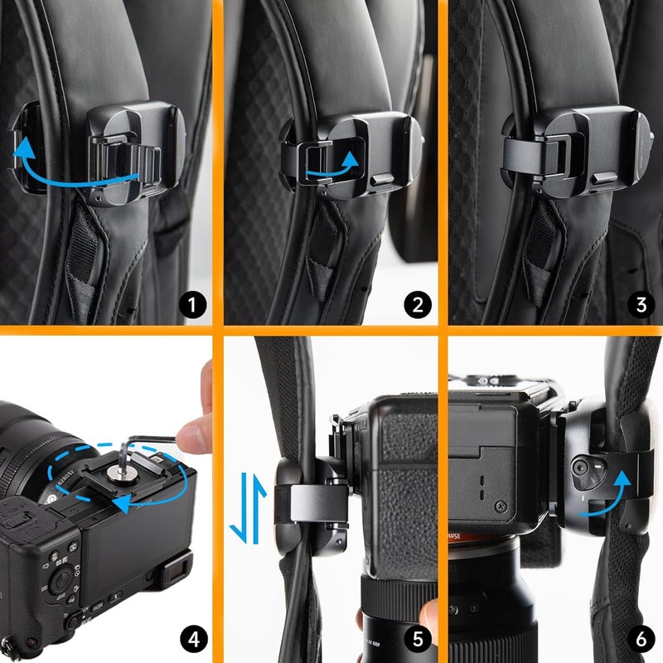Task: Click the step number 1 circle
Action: click(x=192, y=305)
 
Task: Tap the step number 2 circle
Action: click(x=417, y=305)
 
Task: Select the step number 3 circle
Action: click(x=640, y=305)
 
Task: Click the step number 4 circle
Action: click(x=192, y=639)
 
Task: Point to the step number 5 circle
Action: click(x=417, y=639)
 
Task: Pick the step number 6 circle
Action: click(x=640, y=639)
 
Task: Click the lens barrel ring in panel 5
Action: click(x=398, y=595)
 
